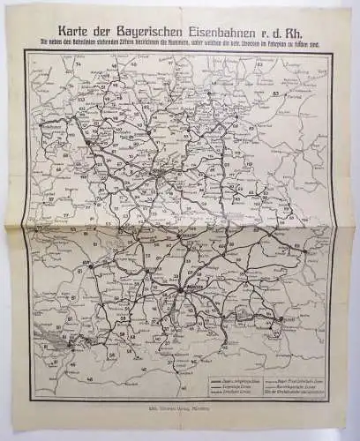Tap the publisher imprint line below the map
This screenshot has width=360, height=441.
(181, 410)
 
